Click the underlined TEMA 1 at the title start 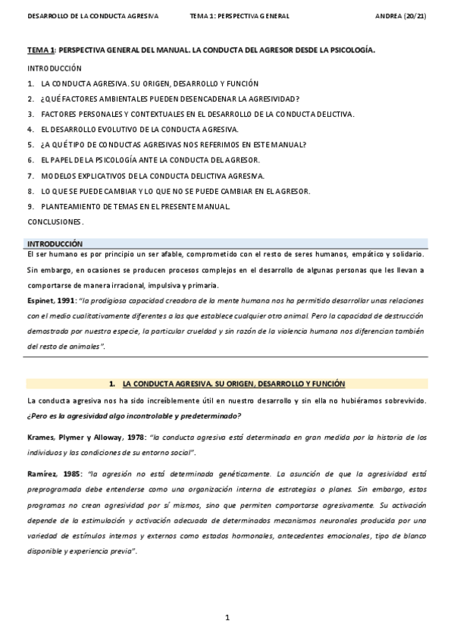(x=41, y=49)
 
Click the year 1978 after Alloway (x=131, y=438)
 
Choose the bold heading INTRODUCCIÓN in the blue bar (x=55, y=244)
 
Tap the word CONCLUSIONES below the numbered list (x=54, y=221)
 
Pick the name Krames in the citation (x=41, y=438)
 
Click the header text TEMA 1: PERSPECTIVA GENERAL (x=240, y=16)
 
